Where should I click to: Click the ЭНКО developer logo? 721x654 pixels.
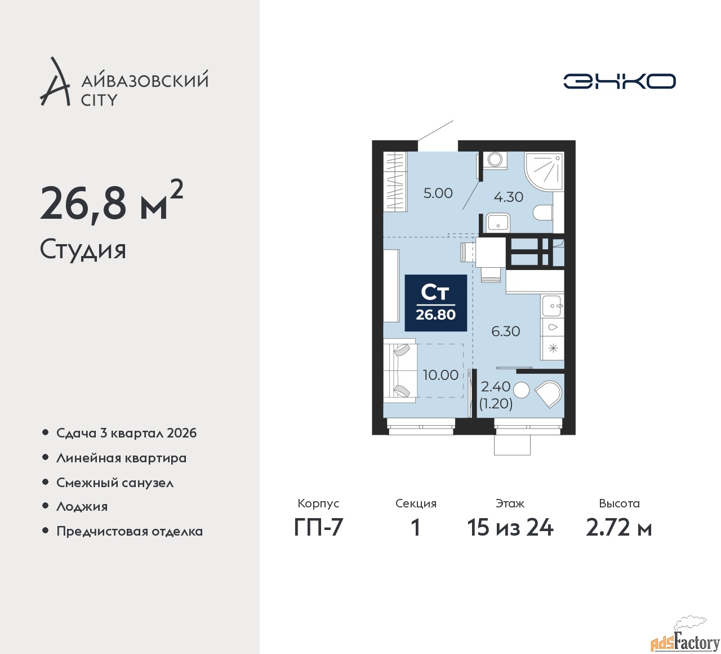[x=619, y=81]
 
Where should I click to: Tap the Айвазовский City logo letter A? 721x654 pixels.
[x=55, y=81]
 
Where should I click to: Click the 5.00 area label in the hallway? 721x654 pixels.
[x=438, y=193]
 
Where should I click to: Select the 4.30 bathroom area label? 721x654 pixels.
[x=508, y=197]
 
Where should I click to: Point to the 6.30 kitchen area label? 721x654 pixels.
[x=506, y=331]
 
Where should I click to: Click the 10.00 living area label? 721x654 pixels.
[x=440, y=375]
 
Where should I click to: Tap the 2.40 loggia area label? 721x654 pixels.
[x=496, y=386]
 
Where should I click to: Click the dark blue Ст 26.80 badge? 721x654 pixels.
[x=435, y=303]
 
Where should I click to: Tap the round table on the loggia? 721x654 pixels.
[x=521, y=390]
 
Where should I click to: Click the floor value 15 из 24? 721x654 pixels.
[x=510, y=528]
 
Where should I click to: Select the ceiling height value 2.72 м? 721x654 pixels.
[x=619, y=528]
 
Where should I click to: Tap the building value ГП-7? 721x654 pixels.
[x=318, y=528]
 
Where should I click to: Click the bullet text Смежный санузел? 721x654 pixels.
[x=115, y=483]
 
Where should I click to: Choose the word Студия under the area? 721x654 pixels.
[x=83, y=249]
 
